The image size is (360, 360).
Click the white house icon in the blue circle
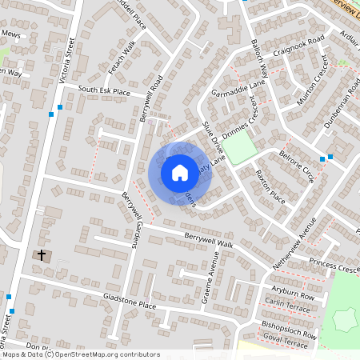click(x=180, y=172)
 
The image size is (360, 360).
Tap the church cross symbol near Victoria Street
click(x=42, y=255)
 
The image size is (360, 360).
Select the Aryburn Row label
click(x=293, y=293)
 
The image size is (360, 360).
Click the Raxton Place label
click(x=270, y=183)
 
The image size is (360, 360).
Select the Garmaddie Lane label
click(x=237, y=90)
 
